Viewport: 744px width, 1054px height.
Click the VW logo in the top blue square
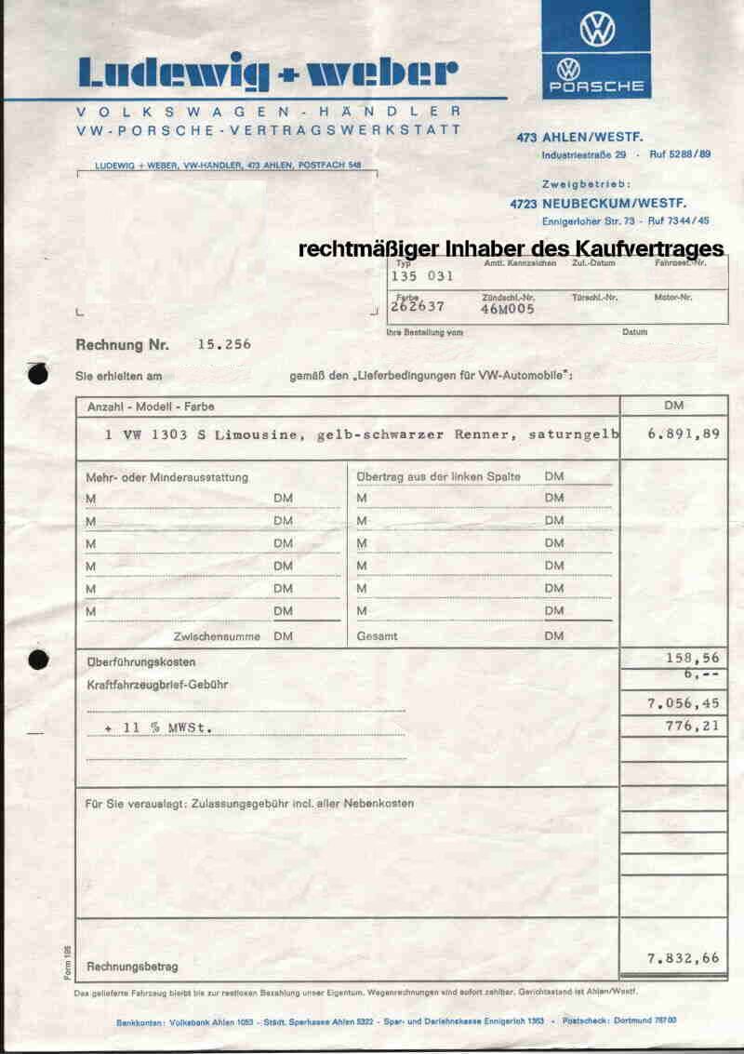pyautogui.click(x=597, y=29)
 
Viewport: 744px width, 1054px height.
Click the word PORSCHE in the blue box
pyautogui.click(x=597, y=87)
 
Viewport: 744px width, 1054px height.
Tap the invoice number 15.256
pyautogui.click(x=224, y=344)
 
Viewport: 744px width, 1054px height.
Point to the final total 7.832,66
pyautogui.click(x=683, y=958)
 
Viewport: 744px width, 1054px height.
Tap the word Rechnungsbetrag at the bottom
pyautogui.click(x=131, y=967)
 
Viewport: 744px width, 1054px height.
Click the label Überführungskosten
pyautogui.click(x=140, y=661)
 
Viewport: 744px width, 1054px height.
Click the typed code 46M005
pyautogui.click(x=508, y=310)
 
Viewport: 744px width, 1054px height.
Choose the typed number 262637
pyautogui.click(x=418, y=305)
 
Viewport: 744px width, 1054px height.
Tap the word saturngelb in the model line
pyautogui.click(x=573, y=434)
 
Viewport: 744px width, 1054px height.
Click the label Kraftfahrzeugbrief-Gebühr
pyautogui.click(x=156, y=684)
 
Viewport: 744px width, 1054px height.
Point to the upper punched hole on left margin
pyautogui.click(x=38, y=375)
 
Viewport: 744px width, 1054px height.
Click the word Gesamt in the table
pyautogui.click(x=378, y=636)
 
